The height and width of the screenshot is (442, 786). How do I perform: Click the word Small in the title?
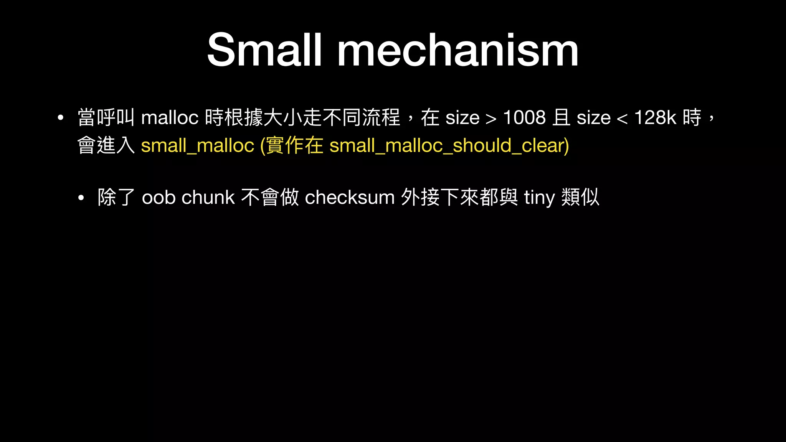click(264, 50)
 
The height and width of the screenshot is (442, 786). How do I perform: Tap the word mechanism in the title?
click(457, 50)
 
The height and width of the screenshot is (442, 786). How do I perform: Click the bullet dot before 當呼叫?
click(60, 118)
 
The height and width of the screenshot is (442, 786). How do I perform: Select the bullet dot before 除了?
click(81, 198)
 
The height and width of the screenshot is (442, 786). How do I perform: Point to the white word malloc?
click(170, 117)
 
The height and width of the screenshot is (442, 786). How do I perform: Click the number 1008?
click(524, 117)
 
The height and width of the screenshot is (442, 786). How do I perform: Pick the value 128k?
click(655, 117)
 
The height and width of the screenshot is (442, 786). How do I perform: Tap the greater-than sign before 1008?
click(491, 119)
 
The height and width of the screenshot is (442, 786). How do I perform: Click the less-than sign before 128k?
click(622, 119)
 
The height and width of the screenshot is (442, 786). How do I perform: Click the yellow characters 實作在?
click(295, 146)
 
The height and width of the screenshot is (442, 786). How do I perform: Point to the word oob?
click(159, 198)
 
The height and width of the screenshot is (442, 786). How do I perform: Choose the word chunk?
click(208, 198)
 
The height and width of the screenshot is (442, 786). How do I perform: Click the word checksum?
click(350, 198)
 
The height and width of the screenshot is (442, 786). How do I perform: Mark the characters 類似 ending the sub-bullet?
click(580, 198)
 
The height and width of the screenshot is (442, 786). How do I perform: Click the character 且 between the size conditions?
click(561, 117)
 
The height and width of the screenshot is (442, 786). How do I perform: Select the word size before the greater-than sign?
click(462, 118)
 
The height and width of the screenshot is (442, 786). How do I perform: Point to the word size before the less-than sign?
click(593, 118)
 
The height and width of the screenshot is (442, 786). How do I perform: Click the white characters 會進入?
click(106, 146)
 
